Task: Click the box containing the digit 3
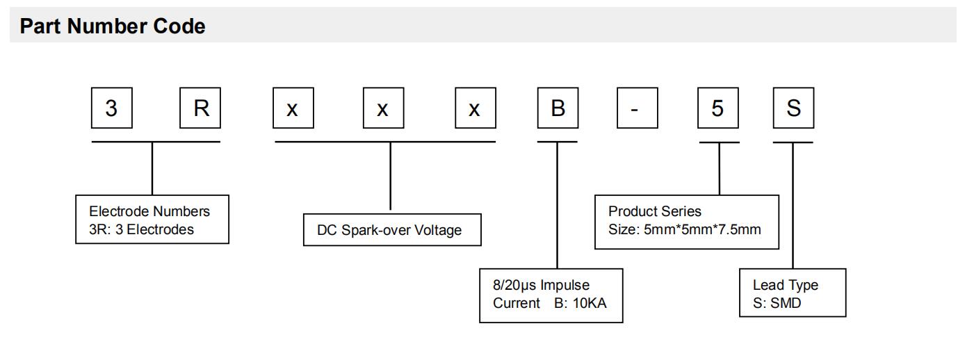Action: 111,109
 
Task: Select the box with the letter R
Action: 200,109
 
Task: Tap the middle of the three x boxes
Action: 383,109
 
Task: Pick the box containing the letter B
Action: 558,109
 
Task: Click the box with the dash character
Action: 637,109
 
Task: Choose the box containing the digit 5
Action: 719,109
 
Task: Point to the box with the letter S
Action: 793,109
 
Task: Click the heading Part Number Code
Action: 113,27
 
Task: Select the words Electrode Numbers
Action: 149,211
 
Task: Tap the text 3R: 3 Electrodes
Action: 141,229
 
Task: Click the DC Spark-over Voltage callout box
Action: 392,230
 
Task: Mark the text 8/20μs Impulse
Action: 541,285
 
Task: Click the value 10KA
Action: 590,303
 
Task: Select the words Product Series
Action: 655,211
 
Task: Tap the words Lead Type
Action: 786,285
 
